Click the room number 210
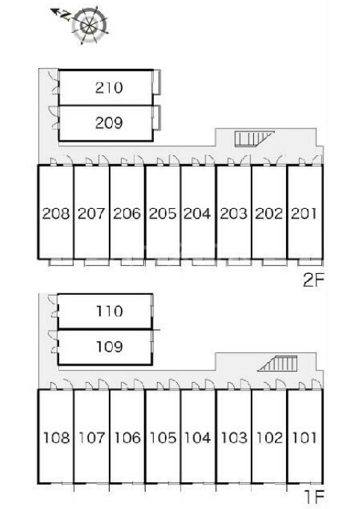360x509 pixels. tap(109, 87)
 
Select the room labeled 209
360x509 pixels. tap(109, 123)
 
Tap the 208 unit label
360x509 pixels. tap(56, 213)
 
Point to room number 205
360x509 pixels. tap(163, 213)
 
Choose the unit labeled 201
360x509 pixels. tap(304, 213)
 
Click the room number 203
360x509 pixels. tap(233, 213)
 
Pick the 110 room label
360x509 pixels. tap(109, 311)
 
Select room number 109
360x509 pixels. tap(109, 347)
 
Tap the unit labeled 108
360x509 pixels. tap(57, 438)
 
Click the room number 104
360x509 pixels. tap(197, 438)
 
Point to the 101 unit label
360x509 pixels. tap(305, 438)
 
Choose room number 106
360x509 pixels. tap(127, 438)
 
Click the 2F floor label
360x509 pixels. tap(313, 281)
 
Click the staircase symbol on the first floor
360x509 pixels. tap(278, 363)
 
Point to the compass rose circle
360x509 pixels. tap(90, 25)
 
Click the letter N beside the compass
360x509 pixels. tap(66, 16)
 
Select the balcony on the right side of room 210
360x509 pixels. tap(157, 82)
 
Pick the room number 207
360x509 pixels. tap(91, 213)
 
